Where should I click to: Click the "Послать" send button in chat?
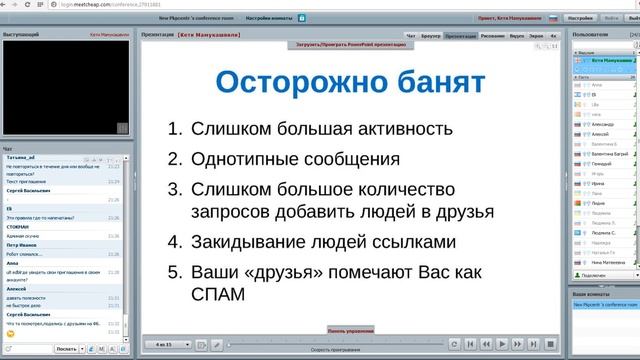(66, 349)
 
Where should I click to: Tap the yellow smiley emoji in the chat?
(10, 331)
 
